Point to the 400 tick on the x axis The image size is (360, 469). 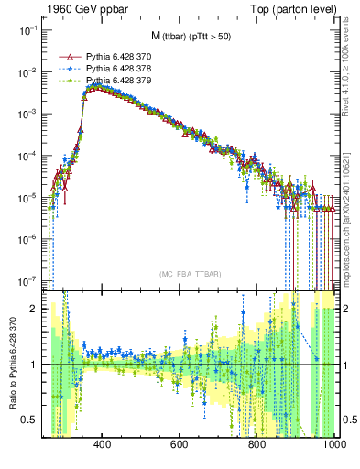pos(103,444)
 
